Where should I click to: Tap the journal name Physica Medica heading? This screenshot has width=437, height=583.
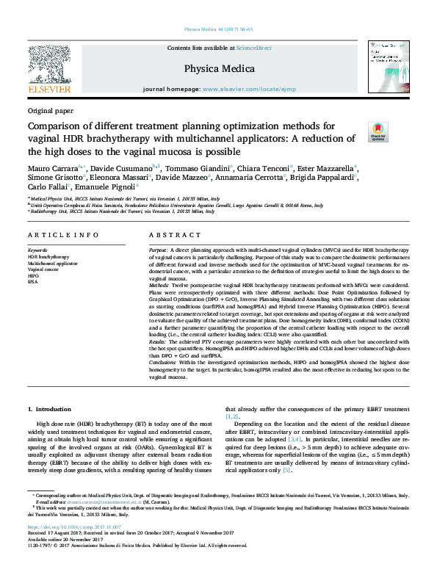(x=218, y=69)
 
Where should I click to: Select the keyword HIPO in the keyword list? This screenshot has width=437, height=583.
(x=34, y=275)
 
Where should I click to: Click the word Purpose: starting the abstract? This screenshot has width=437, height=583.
(x=159, y=251)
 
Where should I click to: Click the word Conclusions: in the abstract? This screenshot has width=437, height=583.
(x=165, y=363)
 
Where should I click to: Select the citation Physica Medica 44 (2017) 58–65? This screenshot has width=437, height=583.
(x=218, y=29)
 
